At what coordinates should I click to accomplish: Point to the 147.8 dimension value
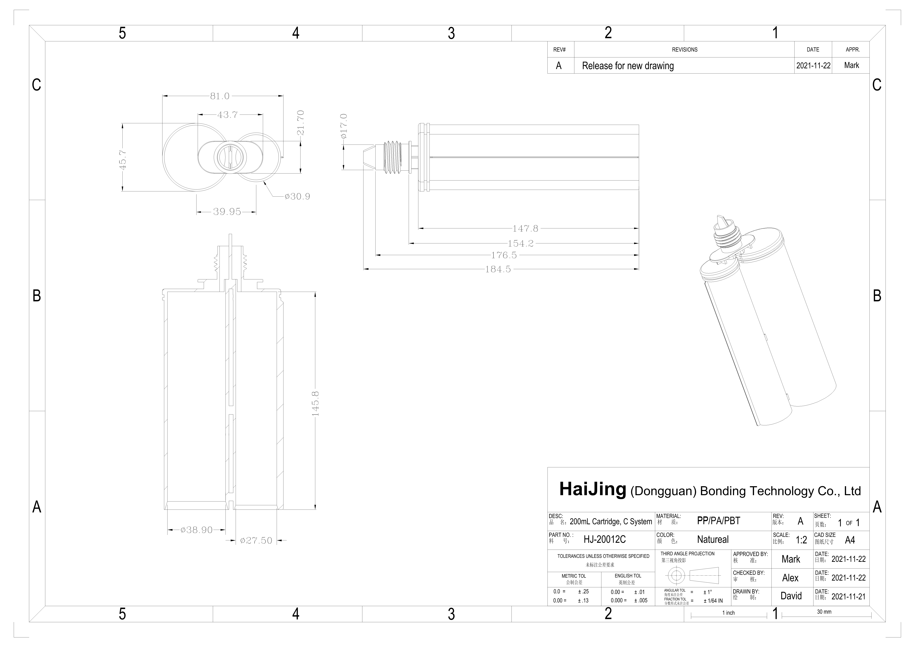tap(525, 228)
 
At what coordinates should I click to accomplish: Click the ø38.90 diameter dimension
tap(196, 530)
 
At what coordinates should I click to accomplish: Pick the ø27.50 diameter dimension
tap(256, 541)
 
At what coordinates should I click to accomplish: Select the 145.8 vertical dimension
tap(315, 403)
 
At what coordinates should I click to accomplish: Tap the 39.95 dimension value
tap(227, 212)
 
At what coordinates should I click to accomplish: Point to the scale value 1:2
tap(801, 540)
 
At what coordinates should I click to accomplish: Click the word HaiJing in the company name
tap(593, 489)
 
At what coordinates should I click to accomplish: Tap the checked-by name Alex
tap(790, 578)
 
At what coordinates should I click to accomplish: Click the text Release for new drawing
tap(628, 66)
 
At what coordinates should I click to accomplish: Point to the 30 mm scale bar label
tap(824, 612)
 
